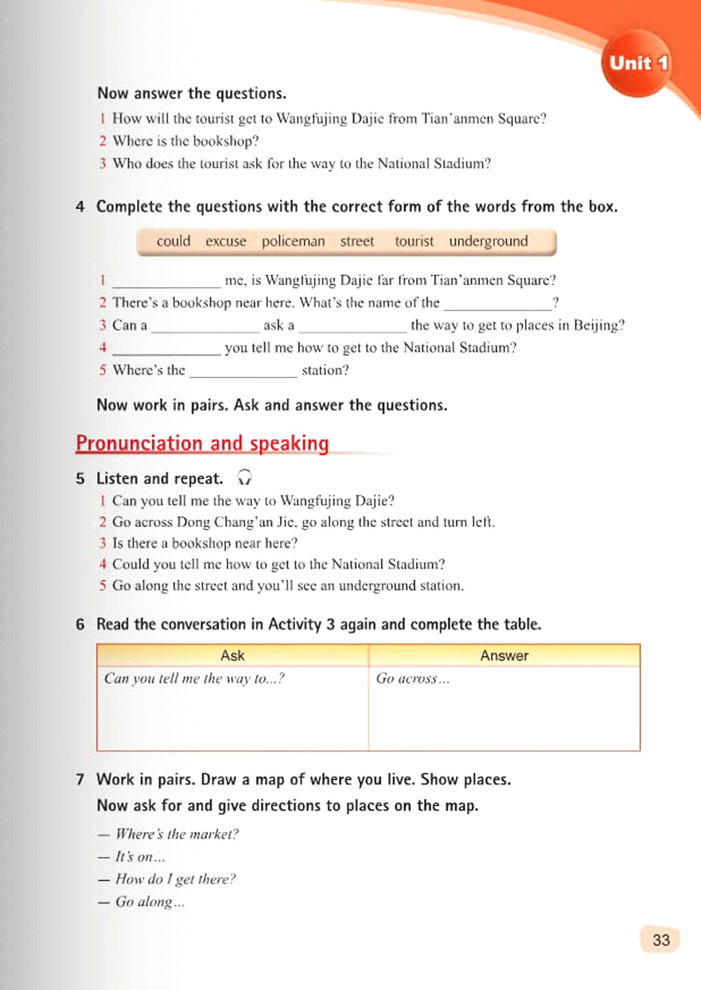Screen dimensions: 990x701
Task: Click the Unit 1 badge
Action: coord(638,64)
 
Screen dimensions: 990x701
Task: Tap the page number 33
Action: coord(661,940)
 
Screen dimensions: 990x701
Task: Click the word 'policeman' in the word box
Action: coord(293,241)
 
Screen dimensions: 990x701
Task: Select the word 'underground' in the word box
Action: coord(488,241)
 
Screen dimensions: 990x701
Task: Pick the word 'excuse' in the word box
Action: coord(225,241)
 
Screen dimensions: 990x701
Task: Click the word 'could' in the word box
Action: coord(173,241)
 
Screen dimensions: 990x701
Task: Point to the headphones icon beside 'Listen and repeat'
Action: coord(244,478)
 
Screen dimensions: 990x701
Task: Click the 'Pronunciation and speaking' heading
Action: coord(202,443)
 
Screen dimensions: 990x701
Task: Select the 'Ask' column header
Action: coord(232,656)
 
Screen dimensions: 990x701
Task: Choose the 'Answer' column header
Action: coord(504,656)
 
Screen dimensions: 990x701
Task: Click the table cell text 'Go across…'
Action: coord(412,679)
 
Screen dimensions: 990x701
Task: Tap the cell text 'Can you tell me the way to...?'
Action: coord(194,679)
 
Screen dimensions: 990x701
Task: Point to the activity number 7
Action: coord(80,780)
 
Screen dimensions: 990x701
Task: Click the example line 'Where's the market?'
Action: coord(177,834)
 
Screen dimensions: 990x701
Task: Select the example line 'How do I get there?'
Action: coord(175,880)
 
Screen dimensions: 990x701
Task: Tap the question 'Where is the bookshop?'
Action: coord(186,141)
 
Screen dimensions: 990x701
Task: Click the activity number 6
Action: coord(80,625)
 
